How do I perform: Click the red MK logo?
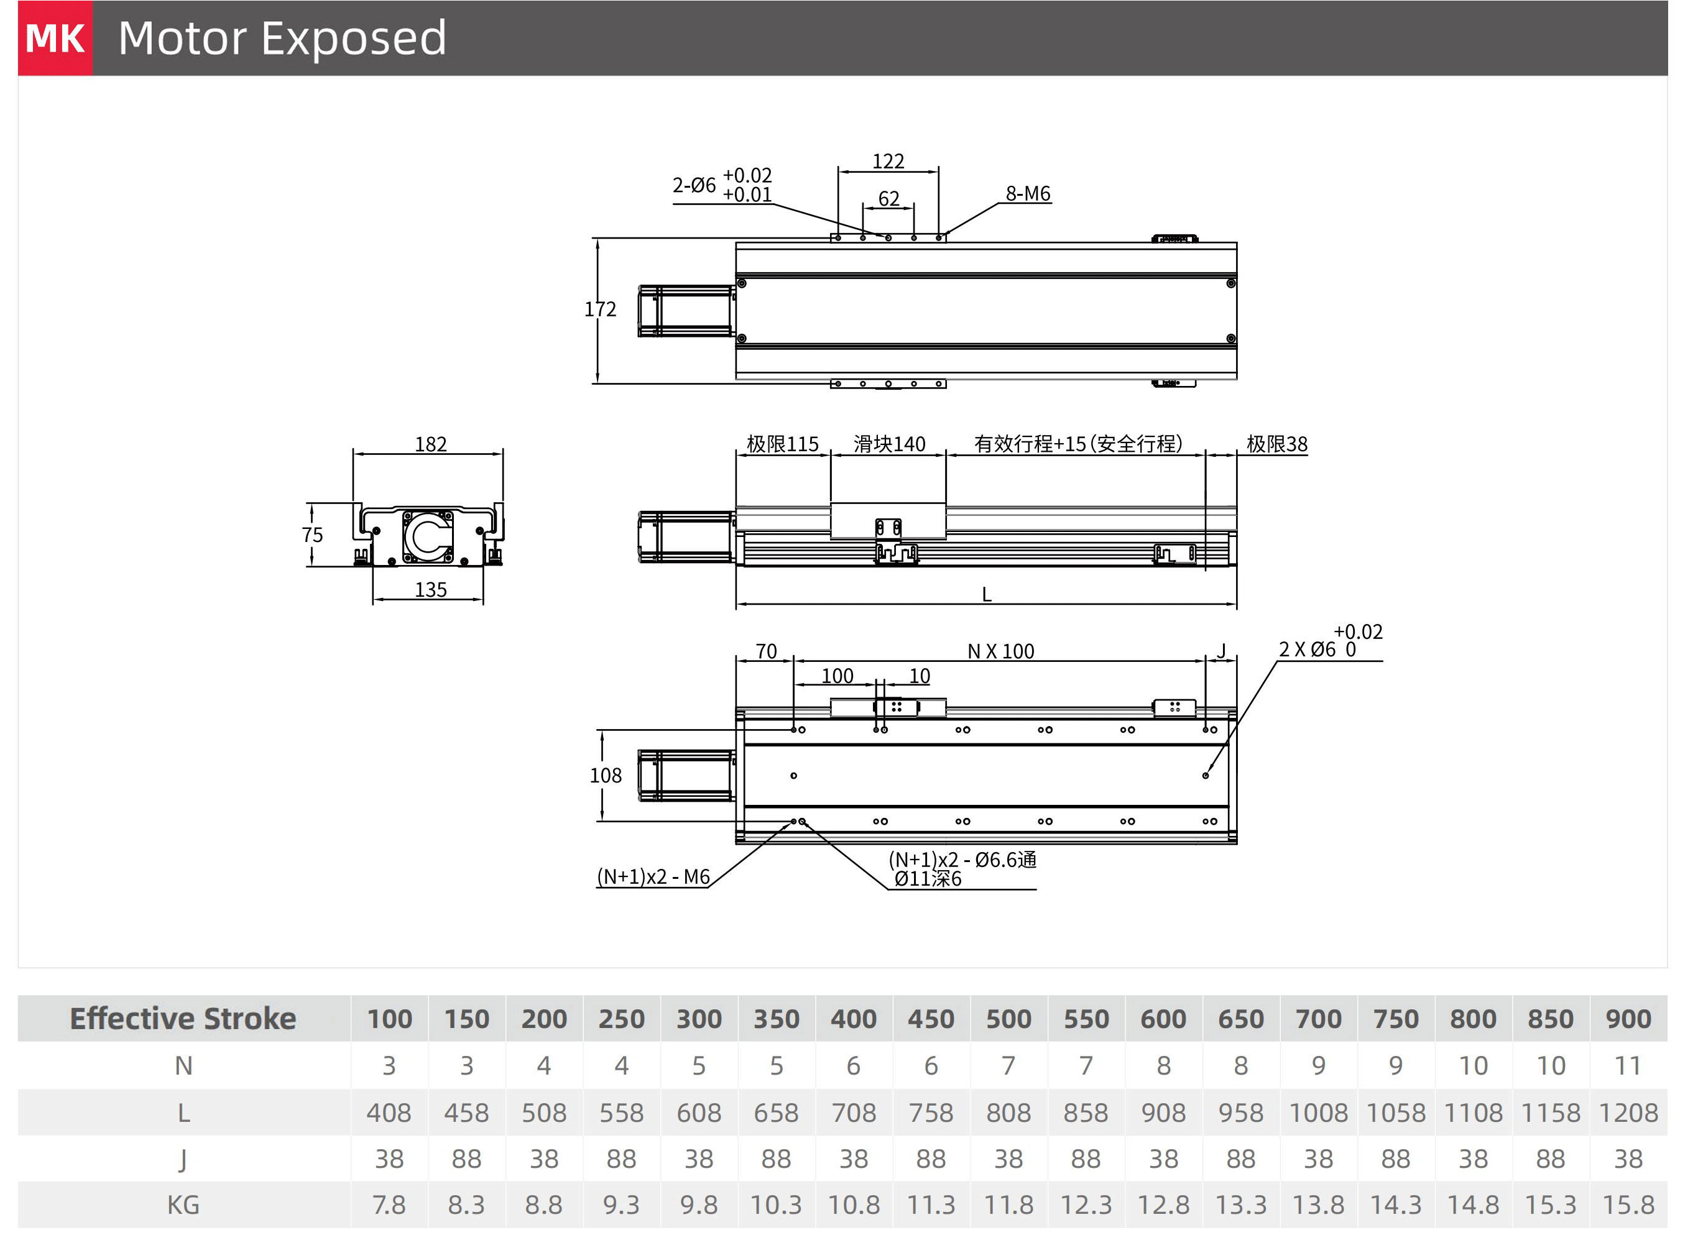click(x=55, y=38)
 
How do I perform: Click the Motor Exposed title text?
click(x=282, y=38)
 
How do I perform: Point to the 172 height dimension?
click(x=600, y=310)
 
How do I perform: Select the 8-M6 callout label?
click(x=1027, y=194)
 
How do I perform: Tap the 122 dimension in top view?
click(x=888, y=162)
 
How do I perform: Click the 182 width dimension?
click(x=430, y=444)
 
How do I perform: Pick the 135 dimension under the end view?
click(x=430, y=590)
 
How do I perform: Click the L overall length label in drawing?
click(x=986, y=595)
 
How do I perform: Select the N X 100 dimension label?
click(x=1001, y=651)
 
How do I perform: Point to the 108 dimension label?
click(x=606, y=776)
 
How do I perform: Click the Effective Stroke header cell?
click(x=183, y=1019)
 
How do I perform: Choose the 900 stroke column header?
click(x=1628, y=1019)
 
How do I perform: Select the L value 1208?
click(x=1628, y=1113)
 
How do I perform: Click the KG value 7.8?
click(x=389, y=1205)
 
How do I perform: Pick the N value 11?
click(x=1628, y=1067)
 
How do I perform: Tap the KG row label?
click(x=183, y=1205)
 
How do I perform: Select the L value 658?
click(x=775, y=1113)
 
